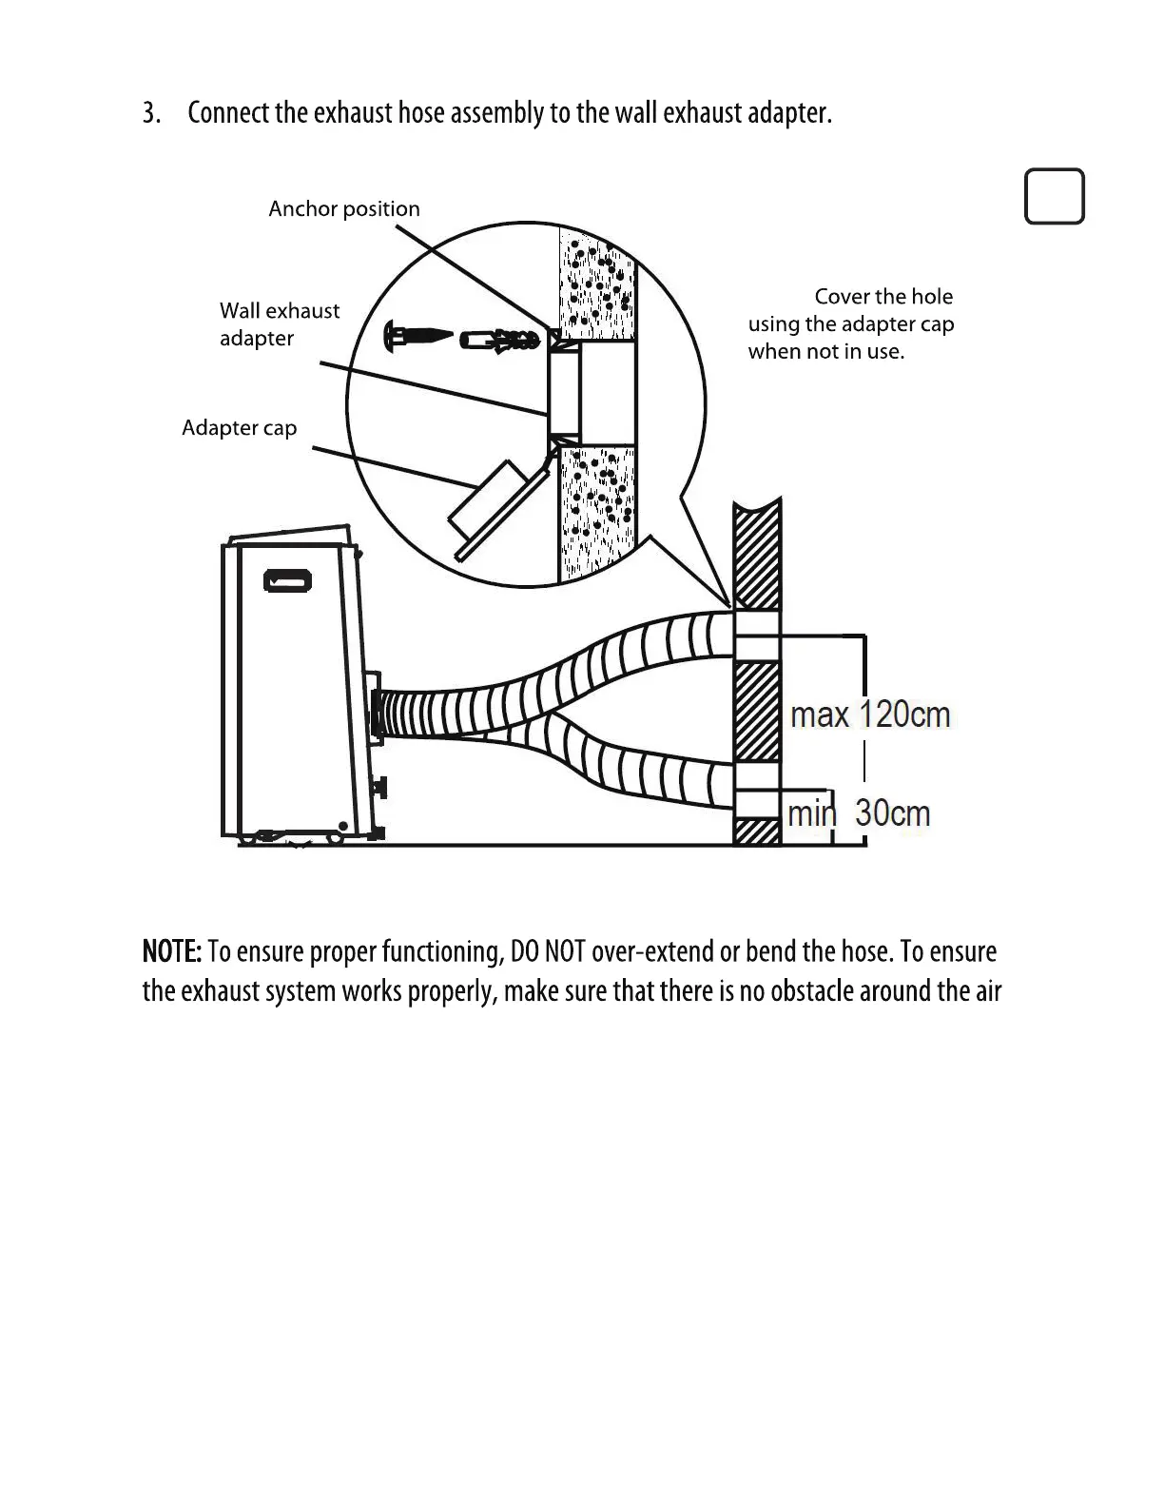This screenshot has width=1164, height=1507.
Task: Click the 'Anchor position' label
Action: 343,209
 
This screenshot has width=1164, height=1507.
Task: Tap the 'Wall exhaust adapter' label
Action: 279,324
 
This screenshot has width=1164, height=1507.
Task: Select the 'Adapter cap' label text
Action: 239,428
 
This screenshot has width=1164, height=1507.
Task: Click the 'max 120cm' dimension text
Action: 870,714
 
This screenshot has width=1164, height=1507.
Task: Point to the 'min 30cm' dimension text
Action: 859,813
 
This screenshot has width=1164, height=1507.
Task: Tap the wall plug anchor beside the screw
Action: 498,339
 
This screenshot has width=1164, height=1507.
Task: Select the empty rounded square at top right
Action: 1054,197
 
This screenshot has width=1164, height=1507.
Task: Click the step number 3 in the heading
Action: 150,113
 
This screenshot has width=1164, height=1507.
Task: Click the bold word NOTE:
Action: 171,951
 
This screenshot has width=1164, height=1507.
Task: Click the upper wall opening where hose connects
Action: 757,636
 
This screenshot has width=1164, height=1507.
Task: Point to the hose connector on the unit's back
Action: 378,714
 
